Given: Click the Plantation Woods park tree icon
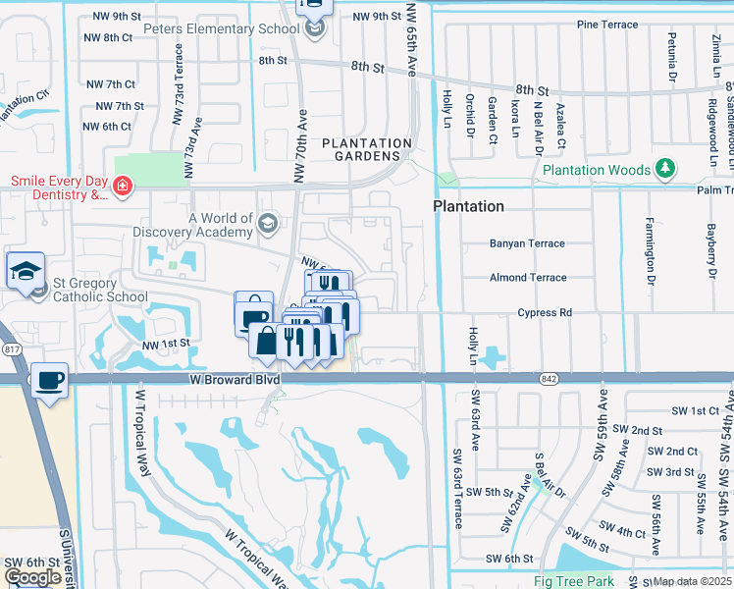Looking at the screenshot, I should coord(665,168).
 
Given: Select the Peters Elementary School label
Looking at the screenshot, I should coord(221,29).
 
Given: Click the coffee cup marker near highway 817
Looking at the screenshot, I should coord(49,381).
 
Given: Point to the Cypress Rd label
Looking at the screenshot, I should coord(545,313).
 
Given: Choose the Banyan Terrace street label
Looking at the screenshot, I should coord(527,243).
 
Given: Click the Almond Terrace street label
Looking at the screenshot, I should coord(528,278).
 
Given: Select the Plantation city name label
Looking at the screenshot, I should coord(469,206).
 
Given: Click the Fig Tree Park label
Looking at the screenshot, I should coord(573,581).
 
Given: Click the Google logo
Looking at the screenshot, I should coord(32,577).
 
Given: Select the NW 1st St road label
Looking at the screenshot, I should coord(164,345).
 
